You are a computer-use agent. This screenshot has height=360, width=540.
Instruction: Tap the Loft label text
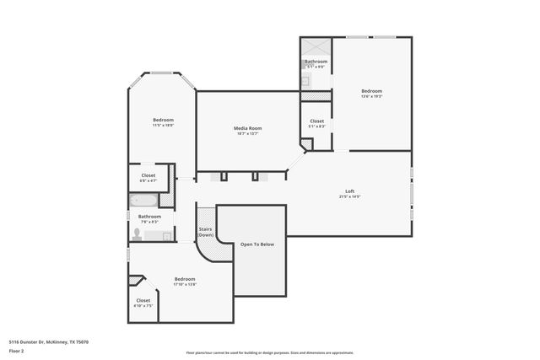349,191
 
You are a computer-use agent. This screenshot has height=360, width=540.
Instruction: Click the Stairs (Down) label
205,232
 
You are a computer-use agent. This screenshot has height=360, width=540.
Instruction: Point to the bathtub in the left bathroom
143,201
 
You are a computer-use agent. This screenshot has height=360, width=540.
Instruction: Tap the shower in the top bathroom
316,47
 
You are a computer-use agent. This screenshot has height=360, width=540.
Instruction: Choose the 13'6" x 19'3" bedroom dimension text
372,97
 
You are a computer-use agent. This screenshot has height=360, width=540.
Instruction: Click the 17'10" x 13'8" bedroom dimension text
185,284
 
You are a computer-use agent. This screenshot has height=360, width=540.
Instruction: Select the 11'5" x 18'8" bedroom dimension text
163,125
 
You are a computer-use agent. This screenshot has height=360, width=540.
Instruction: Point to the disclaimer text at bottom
270,352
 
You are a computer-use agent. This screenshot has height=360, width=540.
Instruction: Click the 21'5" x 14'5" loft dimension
349,196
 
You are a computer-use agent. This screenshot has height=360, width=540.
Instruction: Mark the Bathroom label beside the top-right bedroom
316,62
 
